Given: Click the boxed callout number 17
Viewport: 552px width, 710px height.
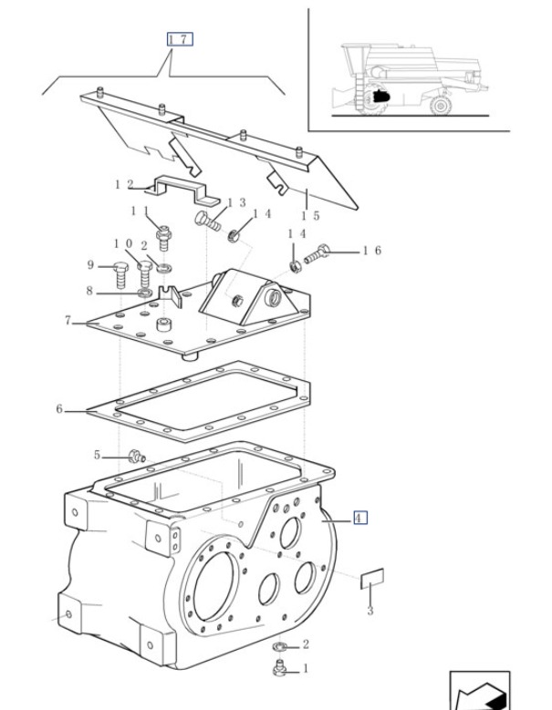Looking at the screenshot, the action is [x=180, y=39].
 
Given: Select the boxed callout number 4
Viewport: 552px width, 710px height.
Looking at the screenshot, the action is [x=359, y=518].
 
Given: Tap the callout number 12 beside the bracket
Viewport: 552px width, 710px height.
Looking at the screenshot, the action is [x=124, y=184].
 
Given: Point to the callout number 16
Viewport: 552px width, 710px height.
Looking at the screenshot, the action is [x=372, y=251].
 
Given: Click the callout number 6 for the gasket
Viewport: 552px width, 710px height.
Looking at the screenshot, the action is [x=59, y=409].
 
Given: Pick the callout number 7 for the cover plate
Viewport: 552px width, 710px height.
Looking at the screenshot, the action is [x=68, y=321].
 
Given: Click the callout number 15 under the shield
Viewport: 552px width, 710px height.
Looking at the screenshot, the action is [x=311, y=215].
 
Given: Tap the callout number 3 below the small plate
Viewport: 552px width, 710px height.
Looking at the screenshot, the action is [x=370, y=611].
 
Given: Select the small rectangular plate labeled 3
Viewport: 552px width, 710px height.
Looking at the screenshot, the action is [x=372, y=578].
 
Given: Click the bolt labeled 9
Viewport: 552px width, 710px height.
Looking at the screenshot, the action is [x=120, y=274].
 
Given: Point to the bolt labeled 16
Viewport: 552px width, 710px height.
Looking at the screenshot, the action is [x=317, y=253].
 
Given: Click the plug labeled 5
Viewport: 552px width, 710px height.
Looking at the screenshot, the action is [x=136, y=456].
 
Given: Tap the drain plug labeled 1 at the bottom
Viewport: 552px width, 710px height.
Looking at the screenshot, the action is [x=280, y=668].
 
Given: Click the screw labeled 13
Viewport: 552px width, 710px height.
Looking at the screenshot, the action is [x=207, y=221].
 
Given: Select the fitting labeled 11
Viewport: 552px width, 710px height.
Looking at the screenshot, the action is [x=163, y=238].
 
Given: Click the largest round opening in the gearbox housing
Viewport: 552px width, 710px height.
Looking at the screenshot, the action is [x=214, y=585].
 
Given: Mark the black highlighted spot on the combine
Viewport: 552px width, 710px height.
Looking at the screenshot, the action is [x=380, y=96].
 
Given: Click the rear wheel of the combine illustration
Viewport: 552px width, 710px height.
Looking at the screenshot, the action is [x=440, y=106].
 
